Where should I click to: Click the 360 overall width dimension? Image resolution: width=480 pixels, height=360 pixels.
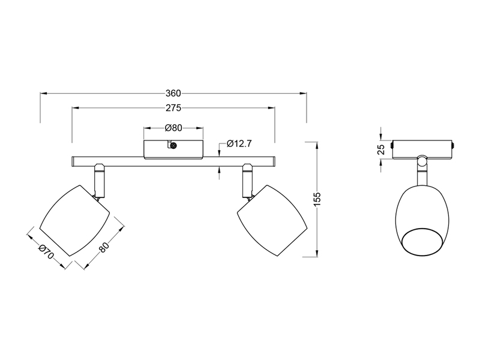pos(173,94)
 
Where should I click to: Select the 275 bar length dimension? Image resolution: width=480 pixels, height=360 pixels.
pos(173,109)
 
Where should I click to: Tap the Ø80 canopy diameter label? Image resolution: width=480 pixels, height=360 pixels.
pos(173,128)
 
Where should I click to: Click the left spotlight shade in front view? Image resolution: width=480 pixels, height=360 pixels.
pos(75,221)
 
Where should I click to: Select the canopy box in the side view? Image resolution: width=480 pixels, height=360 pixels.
pos(421,149)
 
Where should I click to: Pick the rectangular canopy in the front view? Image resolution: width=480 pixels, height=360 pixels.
pos(174,149)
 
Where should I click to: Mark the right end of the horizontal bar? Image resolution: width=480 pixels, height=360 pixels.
pos(273,162)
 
